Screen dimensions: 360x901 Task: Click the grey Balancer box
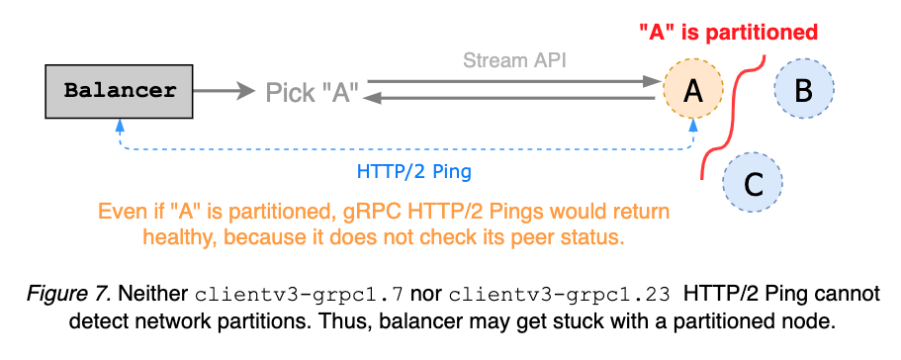tap(120, 92)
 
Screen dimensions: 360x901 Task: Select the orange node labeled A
tap(693, 92)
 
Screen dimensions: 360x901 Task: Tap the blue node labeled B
tap(803, 91)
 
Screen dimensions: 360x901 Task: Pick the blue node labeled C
tap(753, 183)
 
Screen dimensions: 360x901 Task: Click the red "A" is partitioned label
tap(728, 33)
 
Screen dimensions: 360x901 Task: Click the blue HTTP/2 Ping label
tap(413, 171)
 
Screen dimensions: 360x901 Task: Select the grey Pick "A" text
tap(312, 93)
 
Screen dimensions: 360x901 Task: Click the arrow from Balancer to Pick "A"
tap(225, 92)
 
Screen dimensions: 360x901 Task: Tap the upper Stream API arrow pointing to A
tap(514, 83)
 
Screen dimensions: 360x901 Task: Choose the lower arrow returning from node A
tap(514, 98)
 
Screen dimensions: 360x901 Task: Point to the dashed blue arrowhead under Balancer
tap(120, 126)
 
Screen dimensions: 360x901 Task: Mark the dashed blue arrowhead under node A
tap(693, 126)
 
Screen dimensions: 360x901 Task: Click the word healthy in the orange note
tap(177, 237)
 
